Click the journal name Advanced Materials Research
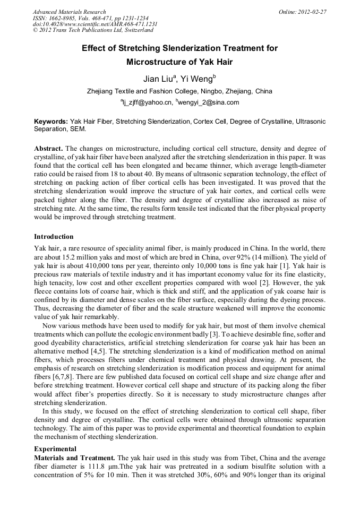coord(69,12)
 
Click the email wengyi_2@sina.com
coord(209,102)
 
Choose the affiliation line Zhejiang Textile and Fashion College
coord(179,91)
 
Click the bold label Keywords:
coord(51,122)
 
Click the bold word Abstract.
coord(49,149)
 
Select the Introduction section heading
coord(54,236)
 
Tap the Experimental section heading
coord(55,449)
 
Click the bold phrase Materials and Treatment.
coord(74,458)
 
